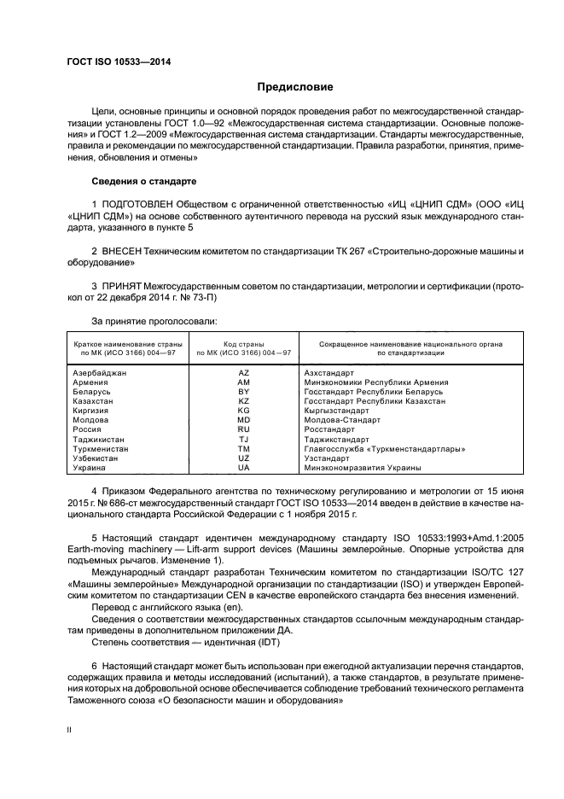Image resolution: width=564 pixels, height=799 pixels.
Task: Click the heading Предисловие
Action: [295, 87]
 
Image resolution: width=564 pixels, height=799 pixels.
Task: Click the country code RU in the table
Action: [243, 430]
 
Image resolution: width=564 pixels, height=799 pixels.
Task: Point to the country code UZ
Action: [243, 458]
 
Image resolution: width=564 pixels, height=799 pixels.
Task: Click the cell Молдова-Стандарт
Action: [340, 421]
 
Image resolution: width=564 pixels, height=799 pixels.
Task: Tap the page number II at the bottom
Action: [70, 730]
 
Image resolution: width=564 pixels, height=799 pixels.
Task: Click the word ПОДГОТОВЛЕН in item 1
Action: [137, 206]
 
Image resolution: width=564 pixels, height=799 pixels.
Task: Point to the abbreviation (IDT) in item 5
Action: [276, 641]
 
